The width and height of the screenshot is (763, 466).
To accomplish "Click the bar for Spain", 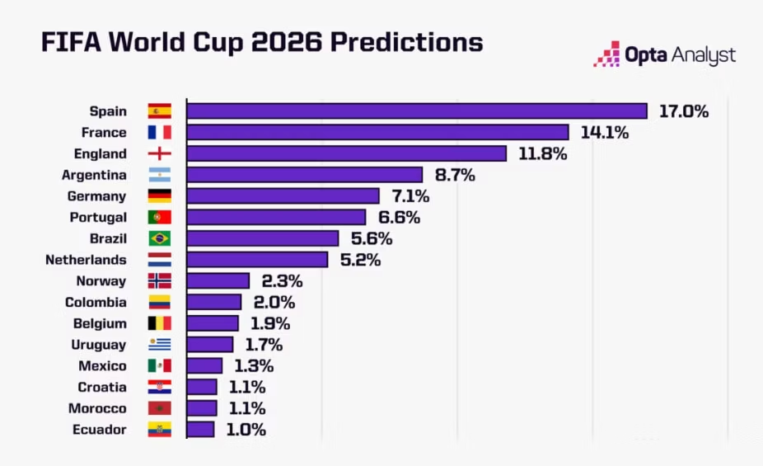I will coord(417,111).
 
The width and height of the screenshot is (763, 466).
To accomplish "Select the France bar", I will coord(377,133).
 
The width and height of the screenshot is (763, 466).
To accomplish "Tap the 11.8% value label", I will coord(541,153).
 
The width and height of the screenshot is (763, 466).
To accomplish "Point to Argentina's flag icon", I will coord(159,175).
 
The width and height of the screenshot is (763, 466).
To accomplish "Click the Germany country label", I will coord(96,196).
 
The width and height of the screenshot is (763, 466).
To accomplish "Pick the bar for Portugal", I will coord(276,218).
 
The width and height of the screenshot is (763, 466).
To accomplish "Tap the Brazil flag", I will coord(159,238).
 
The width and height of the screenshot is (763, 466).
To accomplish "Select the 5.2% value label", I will coord(359,260).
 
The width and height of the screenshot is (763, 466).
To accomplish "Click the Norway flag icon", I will coord(159,281).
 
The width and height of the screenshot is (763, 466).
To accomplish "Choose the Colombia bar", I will coord(214,303).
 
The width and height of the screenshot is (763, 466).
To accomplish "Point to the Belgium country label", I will coord(101,324).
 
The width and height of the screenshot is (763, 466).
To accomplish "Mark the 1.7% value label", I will coord(264,345).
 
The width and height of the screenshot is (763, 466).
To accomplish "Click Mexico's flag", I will coord(159,366).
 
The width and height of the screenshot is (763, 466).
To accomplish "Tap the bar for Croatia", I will coord(202,388).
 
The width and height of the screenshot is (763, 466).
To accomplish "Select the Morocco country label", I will coord(97,409).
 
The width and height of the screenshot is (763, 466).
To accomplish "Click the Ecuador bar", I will coord(200,430).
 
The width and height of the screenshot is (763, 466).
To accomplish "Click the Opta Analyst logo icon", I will coord(606,54).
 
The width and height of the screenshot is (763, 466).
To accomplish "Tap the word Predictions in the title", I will coord(407,42).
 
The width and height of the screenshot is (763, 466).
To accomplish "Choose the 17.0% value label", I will coord(683,111).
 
